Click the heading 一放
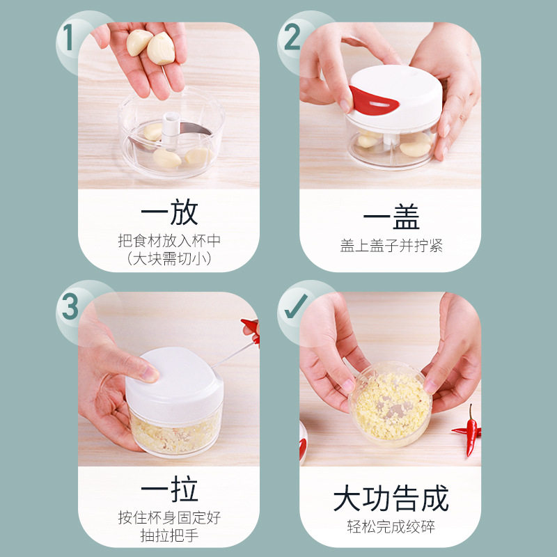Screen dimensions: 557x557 pyautogui.click(x=169, y=212)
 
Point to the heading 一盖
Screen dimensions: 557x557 pyautogui.click(x=391, y=217)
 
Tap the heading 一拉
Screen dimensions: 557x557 pyautogui.click(x=169, y=489)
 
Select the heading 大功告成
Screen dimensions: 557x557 pyautogui.click(x=391, y=498)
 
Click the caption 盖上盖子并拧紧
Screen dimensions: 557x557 pyautogui.click(x=391, y=246)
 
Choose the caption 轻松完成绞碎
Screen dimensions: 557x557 pyautogui.click(x=391, y=526)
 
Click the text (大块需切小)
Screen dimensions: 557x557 pyautogui.click(x=169, y=258)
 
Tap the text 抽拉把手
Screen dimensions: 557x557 pyautogui.click(x=169, y=535)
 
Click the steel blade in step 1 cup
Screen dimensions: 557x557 pyautogui.click(x=196, y=128)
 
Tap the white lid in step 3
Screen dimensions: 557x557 pyautogui.click(x=174, y=384)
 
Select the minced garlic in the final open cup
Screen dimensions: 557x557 pyautogui.click(x=391, y=405)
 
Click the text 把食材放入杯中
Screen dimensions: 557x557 pyautogui.click(x=169, y=241)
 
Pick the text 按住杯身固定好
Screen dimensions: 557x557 pyautogui.click(x=169, y=517)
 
